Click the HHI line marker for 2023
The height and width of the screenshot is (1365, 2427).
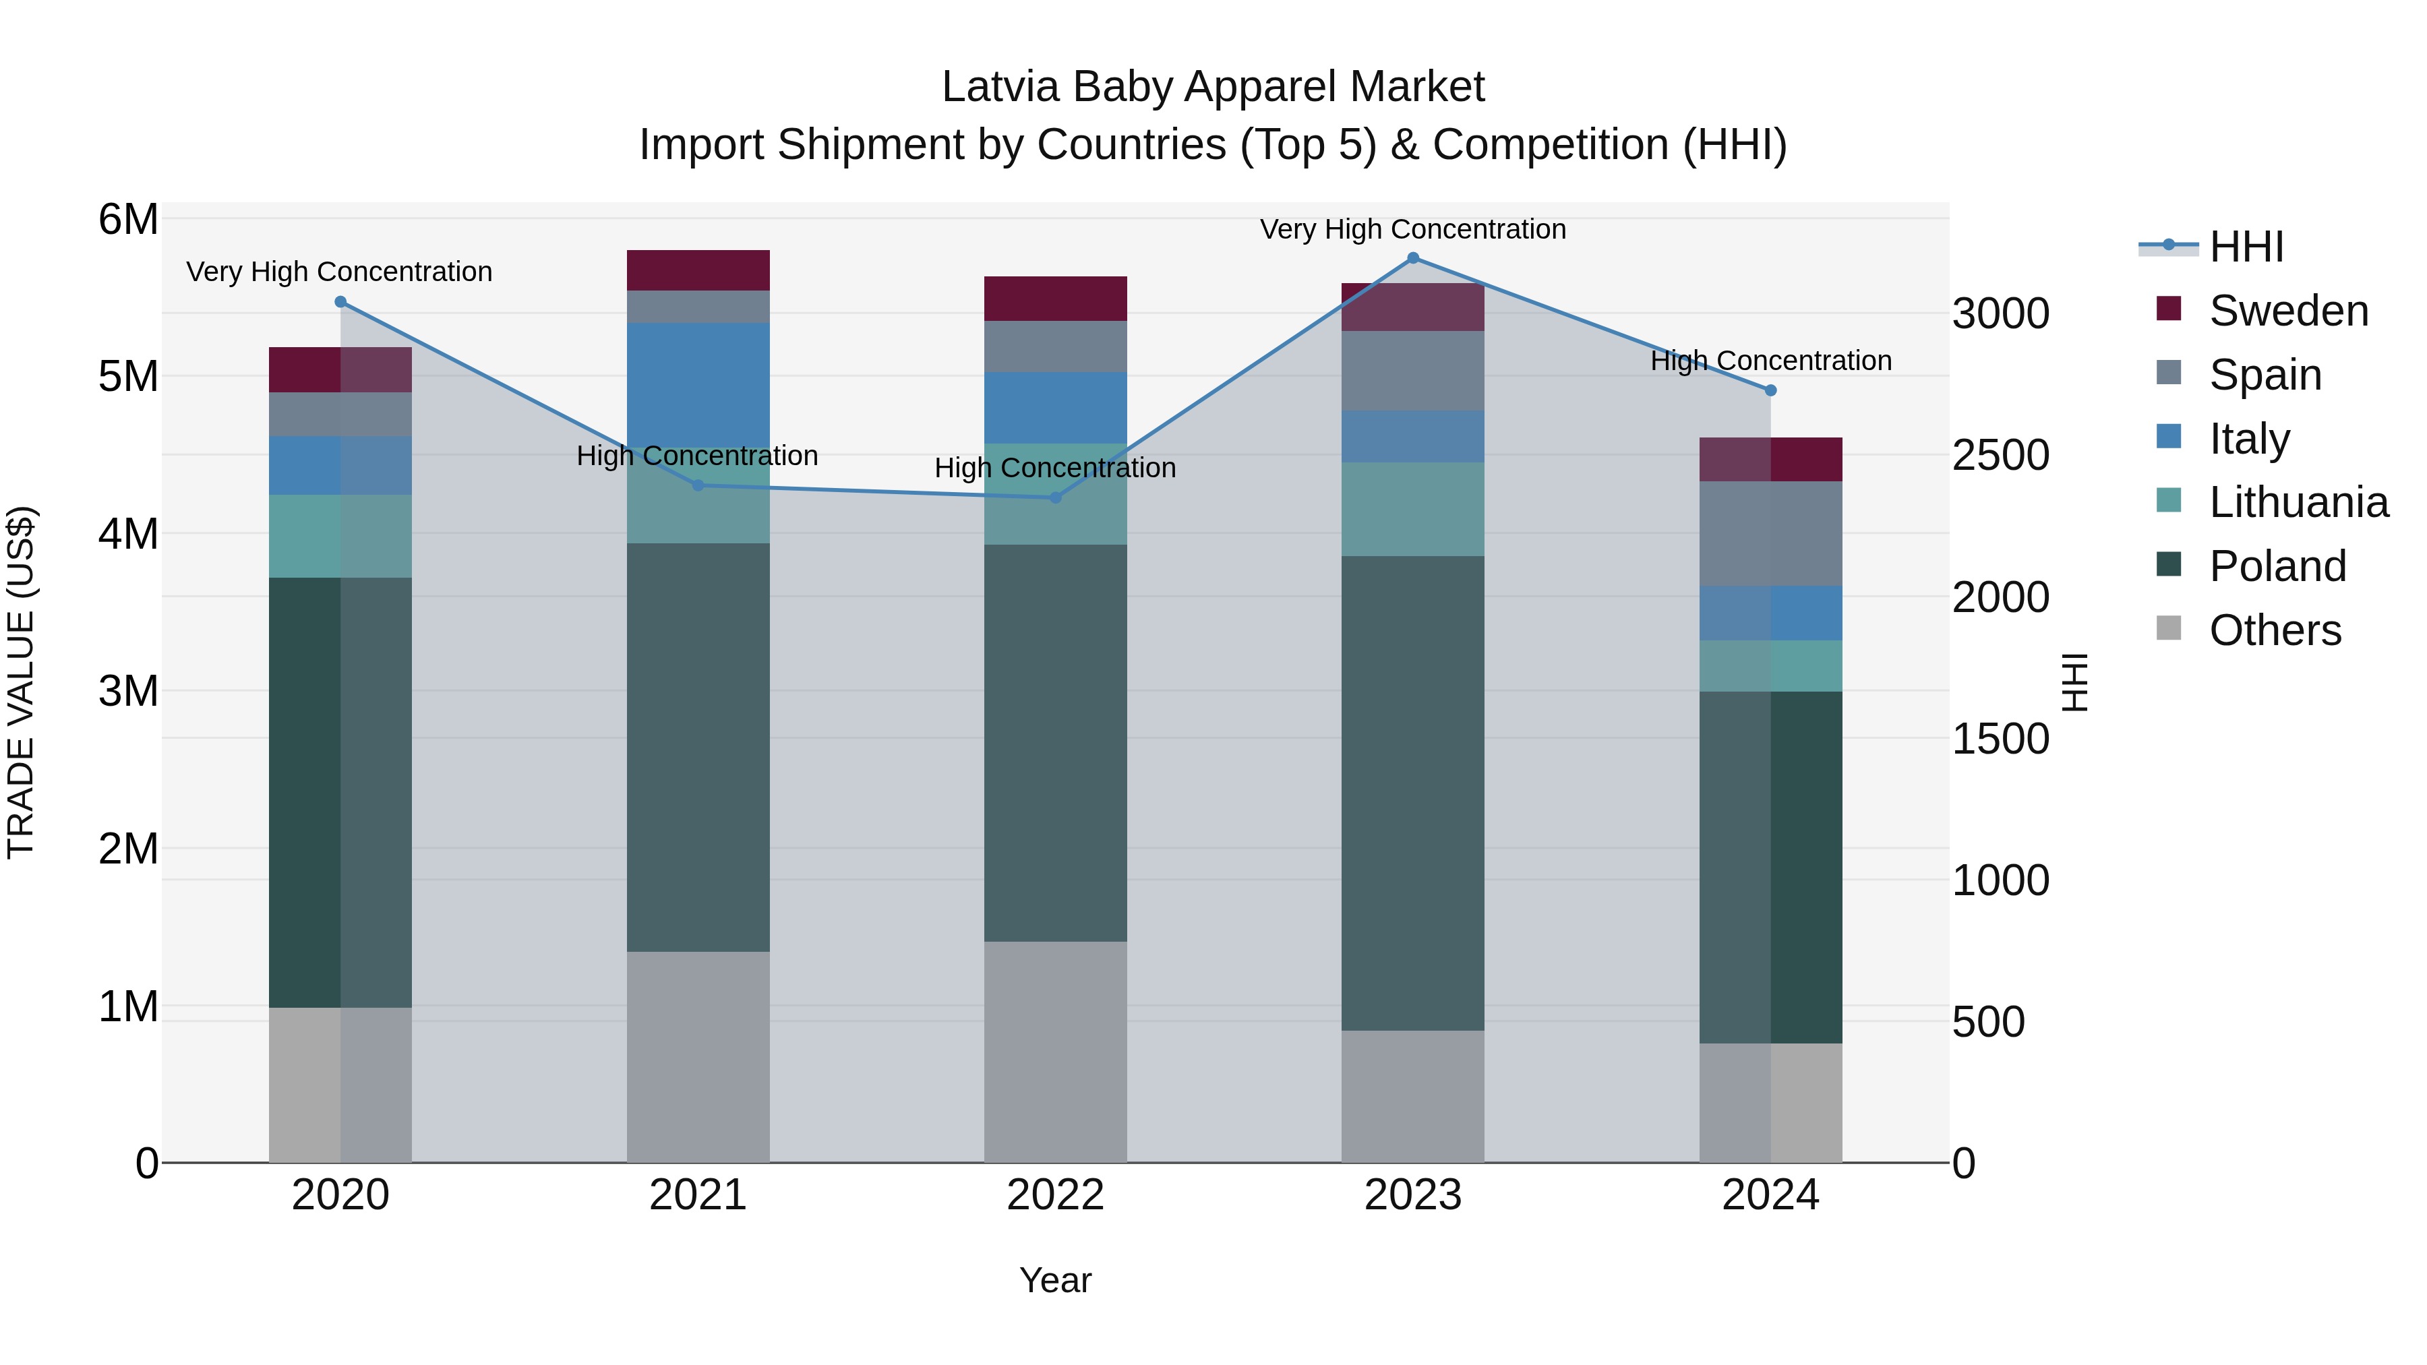(1412, 258)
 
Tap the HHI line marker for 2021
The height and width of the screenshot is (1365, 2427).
(698, 486)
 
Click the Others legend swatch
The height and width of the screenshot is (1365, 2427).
(2169, 628)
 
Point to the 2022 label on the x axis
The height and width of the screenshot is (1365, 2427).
(1055, 1195)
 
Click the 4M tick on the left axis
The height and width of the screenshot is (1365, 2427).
(129, 534)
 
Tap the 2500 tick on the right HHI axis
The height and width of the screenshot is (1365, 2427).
(2000, 455)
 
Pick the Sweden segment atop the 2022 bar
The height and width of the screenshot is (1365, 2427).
(1055, 299)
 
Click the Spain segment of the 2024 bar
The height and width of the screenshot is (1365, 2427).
(1770, 533)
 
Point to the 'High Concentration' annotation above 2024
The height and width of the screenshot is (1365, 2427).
(1770, 361)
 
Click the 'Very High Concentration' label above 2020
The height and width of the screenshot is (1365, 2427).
(339, 271)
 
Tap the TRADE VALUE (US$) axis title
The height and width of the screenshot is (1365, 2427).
(21, 682)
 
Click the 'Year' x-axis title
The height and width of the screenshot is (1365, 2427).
(1055, 1280)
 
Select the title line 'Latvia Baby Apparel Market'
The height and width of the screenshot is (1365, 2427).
(1213, 87)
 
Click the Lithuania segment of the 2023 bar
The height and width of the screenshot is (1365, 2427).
(1412, 509)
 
